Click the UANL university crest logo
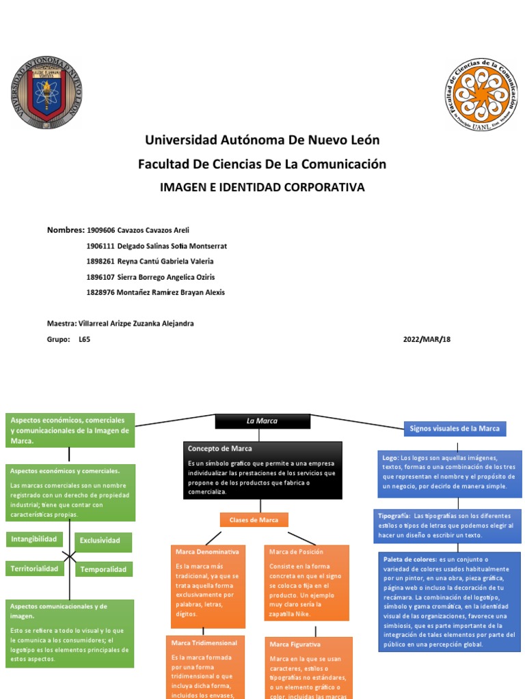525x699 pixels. tap(46, 93)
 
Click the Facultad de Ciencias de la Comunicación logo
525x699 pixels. tap(481, 94)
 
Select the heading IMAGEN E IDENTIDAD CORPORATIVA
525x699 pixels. tap(262, 187)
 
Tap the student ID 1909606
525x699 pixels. tap(101, 230)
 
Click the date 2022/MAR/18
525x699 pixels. tap(427, 339)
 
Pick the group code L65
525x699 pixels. tap(84, 339)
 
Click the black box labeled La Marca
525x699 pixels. tap(262, 421)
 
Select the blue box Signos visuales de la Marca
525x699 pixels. tap(454, 429)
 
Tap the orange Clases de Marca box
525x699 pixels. tap(254, 520)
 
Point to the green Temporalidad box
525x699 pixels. tap(104, 569)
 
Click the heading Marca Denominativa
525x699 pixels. tap(207, 551)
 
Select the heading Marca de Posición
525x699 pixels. tap(296, 551)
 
